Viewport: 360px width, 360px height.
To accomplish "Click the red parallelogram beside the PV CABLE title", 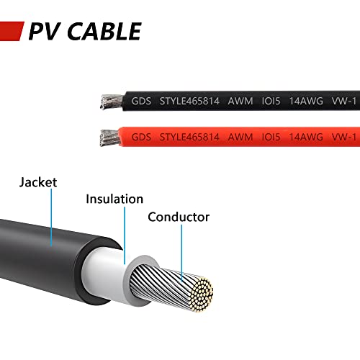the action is (x=11, y=31).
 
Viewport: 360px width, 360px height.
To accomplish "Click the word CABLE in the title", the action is (x=104, y=31).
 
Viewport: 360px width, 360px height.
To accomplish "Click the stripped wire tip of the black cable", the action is (x=112, y=102).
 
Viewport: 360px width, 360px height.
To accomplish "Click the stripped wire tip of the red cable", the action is (x=110, y=138).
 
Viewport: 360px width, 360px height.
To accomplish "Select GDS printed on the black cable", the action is (x=141, y=101).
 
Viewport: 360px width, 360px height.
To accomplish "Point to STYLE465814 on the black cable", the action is (x=189, y=101).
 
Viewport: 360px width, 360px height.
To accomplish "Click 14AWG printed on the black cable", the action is (x=306, y=101).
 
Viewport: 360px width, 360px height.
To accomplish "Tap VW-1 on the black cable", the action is (x=344, y=101).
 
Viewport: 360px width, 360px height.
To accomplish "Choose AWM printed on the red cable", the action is (x=240, y=138).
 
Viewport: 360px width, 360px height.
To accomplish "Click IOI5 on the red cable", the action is (x=271, y=138).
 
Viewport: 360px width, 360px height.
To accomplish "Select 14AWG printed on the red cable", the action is (x=306, y=138).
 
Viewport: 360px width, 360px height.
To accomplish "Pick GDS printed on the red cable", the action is (x=141, y=138).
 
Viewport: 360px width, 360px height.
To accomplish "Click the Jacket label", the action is (x=38, y=182).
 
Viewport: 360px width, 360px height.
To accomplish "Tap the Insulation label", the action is (x=114, y=199).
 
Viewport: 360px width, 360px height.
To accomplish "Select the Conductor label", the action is (x=179, y=217).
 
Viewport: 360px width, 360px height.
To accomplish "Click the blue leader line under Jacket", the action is (x=51, y=217).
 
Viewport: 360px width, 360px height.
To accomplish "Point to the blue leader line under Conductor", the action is (x=181, y=253).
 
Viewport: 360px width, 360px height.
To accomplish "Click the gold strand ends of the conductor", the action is (x=202, y=294).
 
